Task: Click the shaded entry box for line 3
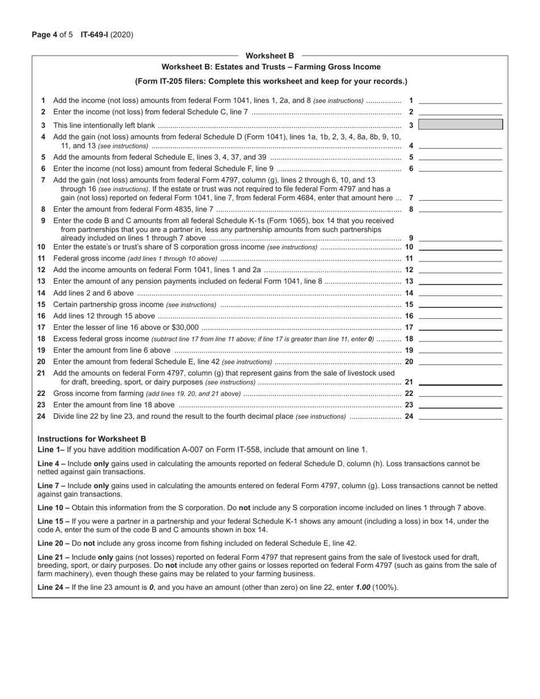pyautogui.click(x=460, y=124)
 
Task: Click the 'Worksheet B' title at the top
pyautogui.click(x=269, y=56)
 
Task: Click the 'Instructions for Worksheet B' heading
pyautogui.click(x=92, y=439)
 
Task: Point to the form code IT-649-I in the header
pyautogui.click(x=99, y=35)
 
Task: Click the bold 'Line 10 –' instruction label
pyautogui.click(x=53, y=507)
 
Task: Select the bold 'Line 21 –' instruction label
pyautogui.click(x=53, y=557)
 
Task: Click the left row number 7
pyautogui.click(x=43, y=180)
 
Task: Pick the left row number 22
pyautogui.click(x=41, y=393)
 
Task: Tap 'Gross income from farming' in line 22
pyautogui.click(x=98, y=393)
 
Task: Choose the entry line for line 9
pyautogui.click(x=460, y=238)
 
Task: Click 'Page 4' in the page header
pyautogui.click(x=44, y=35)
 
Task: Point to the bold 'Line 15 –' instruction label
pyautogui.click(x=53, y=521)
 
